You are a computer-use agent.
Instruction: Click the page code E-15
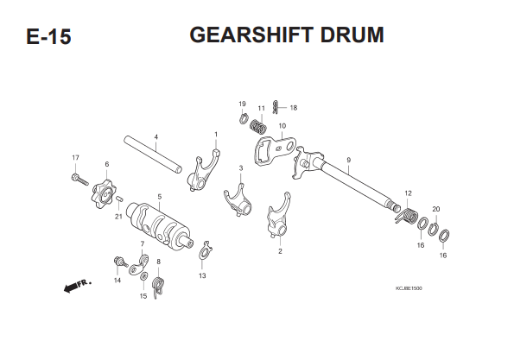tap(48, 36)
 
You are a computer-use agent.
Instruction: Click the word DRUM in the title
tap(352, 35)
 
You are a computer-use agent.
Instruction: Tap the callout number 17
tap(75, 158)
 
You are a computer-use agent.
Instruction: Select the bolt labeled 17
tap(79, 180)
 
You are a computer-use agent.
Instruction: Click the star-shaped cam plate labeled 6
tap(103, 194)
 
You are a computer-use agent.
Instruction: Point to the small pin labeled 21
tap(120, 199)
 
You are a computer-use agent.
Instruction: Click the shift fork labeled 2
tap(279, 216)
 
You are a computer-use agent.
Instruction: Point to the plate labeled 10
tap(275, 148)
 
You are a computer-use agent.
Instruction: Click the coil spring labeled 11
tap(258, 126)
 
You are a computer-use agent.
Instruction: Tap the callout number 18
tap(294, 108)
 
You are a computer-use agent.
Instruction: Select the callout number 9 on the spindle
tap(348, 161)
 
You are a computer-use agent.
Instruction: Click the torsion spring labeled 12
tap(407, 216)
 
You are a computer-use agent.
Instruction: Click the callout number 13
tap(202, 275)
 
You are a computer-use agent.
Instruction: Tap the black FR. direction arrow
tap(71, 287)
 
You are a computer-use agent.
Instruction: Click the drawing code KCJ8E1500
tap(409, 288)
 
